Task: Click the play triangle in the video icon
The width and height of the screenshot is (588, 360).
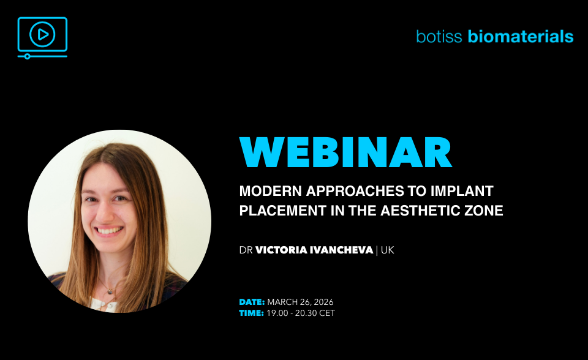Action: tap(43, 34)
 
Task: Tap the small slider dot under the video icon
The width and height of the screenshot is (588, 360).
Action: tap(27, 56)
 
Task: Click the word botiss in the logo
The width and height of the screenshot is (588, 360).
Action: tap(439, 37)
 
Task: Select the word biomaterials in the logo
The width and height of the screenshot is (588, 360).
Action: tap(521, 37)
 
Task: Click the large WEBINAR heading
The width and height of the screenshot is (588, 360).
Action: tap(345, 152)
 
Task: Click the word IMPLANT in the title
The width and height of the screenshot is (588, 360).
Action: tap(462, 191)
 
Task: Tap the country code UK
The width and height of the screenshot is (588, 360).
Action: tap(387, 250)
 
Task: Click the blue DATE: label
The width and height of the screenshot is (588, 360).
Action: tap(252, 302)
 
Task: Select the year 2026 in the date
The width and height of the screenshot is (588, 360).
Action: tap(323, 302)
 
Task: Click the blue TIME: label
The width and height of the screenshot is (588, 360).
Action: tap(252, 313)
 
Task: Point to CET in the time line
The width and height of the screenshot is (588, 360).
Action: tap(326, 313)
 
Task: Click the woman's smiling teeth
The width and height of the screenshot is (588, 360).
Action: tap(109, 230)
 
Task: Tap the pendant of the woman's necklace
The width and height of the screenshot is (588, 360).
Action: tap(110, 291)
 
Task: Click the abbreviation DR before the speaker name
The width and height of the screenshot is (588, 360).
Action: tap(246, 250)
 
